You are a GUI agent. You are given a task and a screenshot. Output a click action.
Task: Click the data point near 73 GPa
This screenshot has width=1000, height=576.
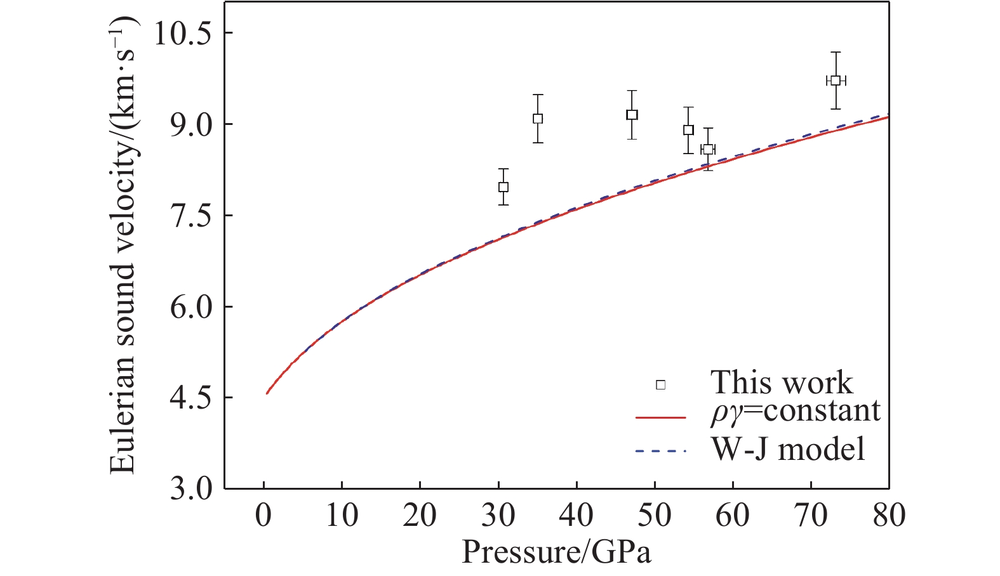pos(836,81)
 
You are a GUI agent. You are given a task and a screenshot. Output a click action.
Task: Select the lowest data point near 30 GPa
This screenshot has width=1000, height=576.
pos(503,187)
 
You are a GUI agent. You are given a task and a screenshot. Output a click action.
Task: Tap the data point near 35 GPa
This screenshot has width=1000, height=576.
pos(538,119)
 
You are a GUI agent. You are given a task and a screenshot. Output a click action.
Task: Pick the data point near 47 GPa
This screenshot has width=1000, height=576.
pos(632,115)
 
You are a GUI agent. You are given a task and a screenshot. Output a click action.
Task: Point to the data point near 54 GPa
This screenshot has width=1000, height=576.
pos(688,130)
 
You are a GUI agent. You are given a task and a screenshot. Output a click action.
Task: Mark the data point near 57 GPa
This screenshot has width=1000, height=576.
pos(708,150)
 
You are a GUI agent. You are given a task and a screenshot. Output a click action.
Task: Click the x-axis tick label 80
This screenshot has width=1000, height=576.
pos(889,515)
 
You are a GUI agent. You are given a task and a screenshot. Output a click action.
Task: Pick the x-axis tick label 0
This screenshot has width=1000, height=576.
pos(263,515)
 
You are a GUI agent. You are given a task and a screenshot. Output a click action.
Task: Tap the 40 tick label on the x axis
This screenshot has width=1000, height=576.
pos(577,515)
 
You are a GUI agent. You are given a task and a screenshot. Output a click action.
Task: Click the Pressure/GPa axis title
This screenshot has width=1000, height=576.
pos(556,552)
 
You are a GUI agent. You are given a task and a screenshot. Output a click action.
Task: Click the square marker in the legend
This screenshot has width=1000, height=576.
pos(661,385)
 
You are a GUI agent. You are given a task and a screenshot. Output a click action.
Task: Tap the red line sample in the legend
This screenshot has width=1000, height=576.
pos(661,417)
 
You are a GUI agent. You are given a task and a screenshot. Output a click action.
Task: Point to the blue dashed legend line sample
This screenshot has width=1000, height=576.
pos(661,452)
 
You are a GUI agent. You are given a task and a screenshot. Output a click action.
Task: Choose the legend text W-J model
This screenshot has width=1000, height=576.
pos(788,449)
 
